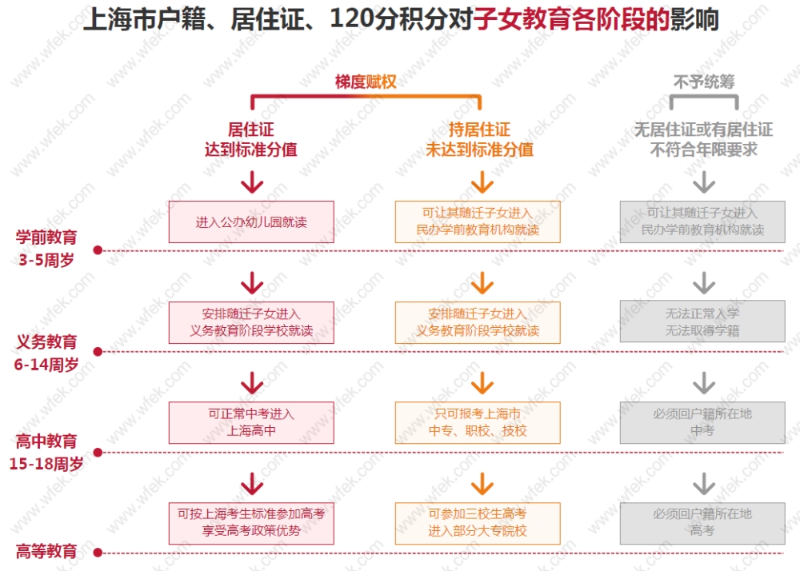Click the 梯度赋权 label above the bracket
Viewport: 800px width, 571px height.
point(366,82)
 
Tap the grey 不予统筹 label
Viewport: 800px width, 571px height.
point(704,82)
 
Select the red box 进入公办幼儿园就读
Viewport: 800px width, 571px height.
point(251,222)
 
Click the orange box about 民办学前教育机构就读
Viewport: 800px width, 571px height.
point(478,222)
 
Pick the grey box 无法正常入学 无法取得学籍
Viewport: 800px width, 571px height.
point(702,321)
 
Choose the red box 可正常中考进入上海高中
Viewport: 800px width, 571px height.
point(251,422)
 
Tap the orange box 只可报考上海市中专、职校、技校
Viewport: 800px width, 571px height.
point(478,422)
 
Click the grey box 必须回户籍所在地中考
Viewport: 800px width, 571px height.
point(702,422)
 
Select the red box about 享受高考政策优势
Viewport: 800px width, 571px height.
point(251,524)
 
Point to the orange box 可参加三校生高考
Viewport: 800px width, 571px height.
point(478,524)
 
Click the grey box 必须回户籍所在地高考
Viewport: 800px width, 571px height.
point(702,524)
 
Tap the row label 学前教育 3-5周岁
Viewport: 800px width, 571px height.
point(46,248)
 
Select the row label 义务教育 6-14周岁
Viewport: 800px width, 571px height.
point(46,353)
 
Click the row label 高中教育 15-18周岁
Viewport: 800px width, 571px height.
point(46,452)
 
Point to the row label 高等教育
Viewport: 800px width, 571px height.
point(46,551)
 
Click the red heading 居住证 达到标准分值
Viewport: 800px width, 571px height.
point(251,139)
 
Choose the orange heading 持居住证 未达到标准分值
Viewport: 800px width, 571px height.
point(479,139)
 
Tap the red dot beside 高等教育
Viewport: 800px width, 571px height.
point(98,553)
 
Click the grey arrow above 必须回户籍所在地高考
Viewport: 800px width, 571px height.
point(704,484)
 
